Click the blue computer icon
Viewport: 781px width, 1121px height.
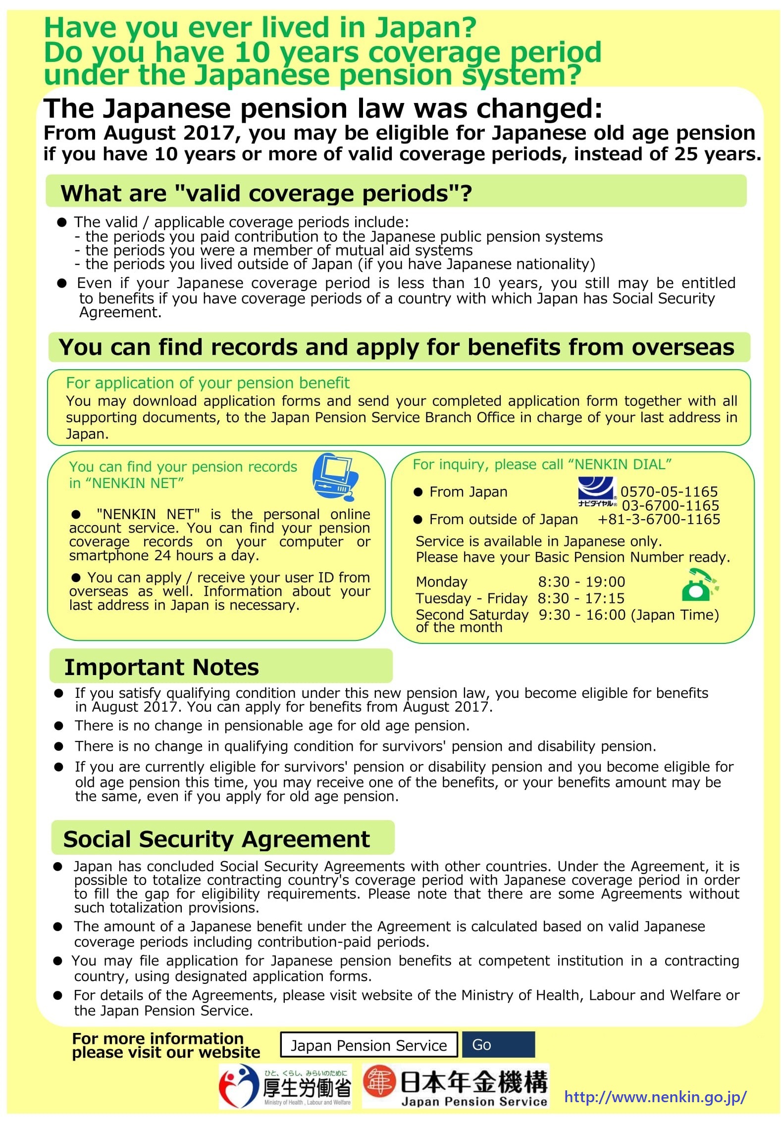click(x=335, y=477)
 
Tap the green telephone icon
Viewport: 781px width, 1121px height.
click(x=699, y=585)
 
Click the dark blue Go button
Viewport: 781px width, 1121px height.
click(x=498, y=1045)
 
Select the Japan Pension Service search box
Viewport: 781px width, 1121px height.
click(x=368, y=1045)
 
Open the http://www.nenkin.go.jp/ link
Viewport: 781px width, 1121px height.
click(x=655, y=1097)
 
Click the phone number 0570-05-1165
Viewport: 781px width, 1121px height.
click(x=669, y=491)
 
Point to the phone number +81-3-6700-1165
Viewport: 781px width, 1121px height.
click(x=659, y=519)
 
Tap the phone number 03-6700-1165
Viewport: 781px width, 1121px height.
click(x=670, y=505)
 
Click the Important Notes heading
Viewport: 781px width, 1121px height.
click(x=161, y=667)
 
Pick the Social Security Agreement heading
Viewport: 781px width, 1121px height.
click(x=216, y=839)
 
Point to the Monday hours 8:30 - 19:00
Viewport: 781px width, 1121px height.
click(x=581, y=582)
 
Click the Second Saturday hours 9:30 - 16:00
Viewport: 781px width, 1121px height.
click(x=581, y=615)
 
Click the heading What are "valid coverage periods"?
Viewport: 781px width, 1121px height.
click(x=266, y=193)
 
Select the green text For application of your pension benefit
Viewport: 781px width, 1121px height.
click(x=208, y=383)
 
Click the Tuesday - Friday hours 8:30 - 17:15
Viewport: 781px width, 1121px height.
click(x=581, y=598)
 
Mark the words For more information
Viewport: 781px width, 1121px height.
click(x=158, y=1038)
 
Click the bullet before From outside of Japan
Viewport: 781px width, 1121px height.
click(x=418, y=519)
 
